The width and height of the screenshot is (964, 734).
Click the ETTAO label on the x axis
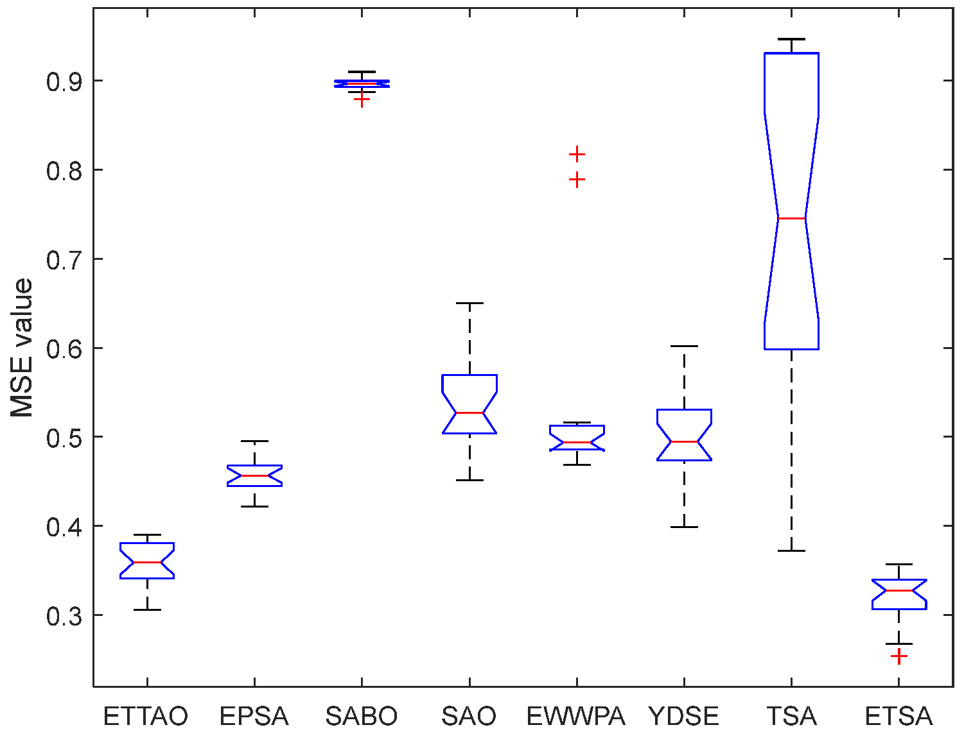click(x=146, y=716)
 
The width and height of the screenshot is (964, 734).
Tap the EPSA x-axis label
click(x=254, y=716)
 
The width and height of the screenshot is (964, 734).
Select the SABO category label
click(x=362, y=716)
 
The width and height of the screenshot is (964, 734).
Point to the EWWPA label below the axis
click(x=576, y=716)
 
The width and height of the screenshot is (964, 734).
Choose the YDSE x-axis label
click(x=683, y=716)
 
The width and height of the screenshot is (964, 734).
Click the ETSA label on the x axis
click(x=898, y=716)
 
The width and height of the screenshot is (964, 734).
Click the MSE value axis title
click(x=22, y=348)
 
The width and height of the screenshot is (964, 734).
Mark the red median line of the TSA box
click(x=791, y=218)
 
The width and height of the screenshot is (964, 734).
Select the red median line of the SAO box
click(x=469, y=413)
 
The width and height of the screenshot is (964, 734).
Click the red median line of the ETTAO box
click(x=147, y=562)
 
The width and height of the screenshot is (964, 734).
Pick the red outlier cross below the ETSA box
click(x=898, y=656)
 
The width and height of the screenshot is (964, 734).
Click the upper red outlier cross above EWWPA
click(x=577, y=154)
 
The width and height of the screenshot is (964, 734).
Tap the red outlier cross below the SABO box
click(x=362, y=100)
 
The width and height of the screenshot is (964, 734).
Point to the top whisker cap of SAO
click(x=469, y=303)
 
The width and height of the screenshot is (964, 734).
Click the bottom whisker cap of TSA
click(x=791, y=550)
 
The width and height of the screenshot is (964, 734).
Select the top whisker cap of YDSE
click(x=684, y=346)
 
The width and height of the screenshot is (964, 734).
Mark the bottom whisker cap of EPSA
click(x=254, y=506)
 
